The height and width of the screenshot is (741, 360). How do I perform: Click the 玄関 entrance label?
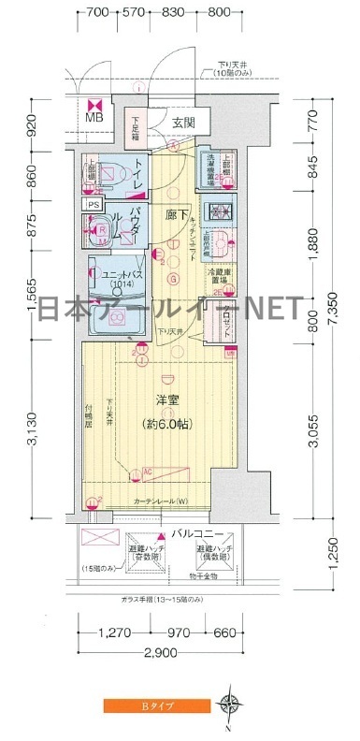(x=183, y=123)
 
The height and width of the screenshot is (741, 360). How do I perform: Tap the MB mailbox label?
(x=95, y=118)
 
